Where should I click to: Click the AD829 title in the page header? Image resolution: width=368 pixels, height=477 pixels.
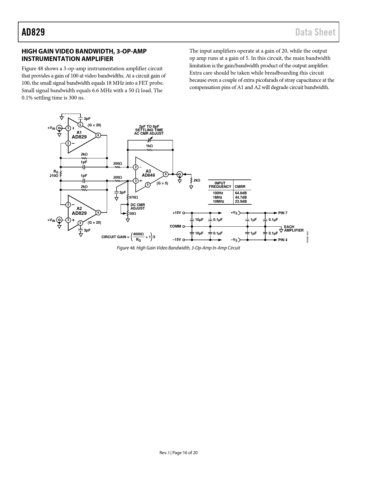tap(33, 32)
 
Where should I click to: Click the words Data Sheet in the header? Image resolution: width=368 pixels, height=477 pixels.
tap(315, 32)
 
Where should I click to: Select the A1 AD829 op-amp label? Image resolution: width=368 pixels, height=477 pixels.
tap(79, 135)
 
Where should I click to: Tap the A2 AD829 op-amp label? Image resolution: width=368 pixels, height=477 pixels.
tap(79, 211)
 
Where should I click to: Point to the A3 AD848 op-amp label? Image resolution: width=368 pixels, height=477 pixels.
tap(148, 173)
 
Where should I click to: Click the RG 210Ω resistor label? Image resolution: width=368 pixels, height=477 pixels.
tap(54, 174)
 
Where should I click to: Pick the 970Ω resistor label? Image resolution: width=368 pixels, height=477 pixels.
tap(134, 197)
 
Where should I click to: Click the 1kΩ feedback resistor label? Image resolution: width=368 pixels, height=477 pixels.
tap(149, 146)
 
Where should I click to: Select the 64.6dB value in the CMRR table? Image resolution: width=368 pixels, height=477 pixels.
tap(241, 193)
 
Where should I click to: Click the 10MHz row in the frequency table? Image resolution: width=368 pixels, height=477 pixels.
tap(218, 201)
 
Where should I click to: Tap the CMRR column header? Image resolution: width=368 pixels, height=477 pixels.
tap(240, 186)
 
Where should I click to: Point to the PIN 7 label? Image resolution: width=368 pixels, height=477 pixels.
tap(283, 213)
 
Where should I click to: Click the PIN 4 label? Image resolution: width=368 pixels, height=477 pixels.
tap(283, 240)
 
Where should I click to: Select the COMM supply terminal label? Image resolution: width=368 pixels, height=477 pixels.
tap(175, 226)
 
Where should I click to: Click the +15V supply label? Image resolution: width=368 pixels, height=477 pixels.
tap(177, 213)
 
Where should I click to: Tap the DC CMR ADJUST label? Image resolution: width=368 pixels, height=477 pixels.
tap(138, 207)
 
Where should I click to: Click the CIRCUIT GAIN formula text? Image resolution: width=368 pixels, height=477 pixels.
tap(128, 237)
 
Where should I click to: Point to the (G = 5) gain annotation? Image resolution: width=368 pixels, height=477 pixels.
tap(162, 183)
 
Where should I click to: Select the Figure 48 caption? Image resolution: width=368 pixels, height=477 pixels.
tap(178, 248)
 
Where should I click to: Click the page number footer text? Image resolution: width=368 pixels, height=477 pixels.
tap(178, 453)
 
